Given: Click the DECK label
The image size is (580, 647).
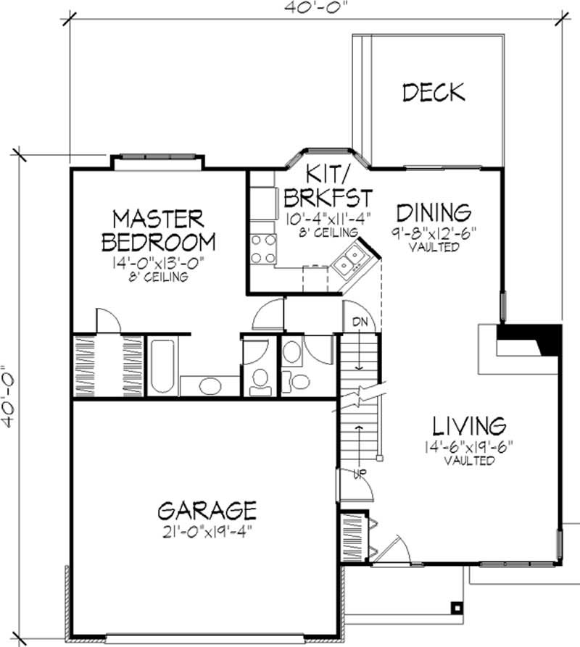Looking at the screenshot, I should pyautogui.click(x=433, y=93).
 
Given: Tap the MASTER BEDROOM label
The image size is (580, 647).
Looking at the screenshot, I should pyautogui.click(x=159, y=230).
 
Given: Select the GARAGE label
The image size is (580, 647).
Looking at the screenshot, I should pyautogui.click(x=207, y=509).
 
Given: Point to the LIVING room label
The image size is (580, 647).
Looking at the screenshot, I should pyautogui.click(x=469, y=425).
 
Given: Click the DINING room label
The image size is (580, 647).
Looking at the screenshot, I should pyautogui.click(x=434, y=212).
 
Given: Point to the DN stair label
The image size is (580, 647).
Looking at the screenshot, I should pyautogui.click(x=360, y=322).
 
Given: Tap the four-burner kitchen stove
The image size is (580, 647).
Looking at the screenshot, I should pyautogui.click(x=262, y=248).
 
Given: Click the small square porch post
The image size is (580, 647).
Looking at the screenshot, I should pyautogui.click(x=456, y=607).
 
